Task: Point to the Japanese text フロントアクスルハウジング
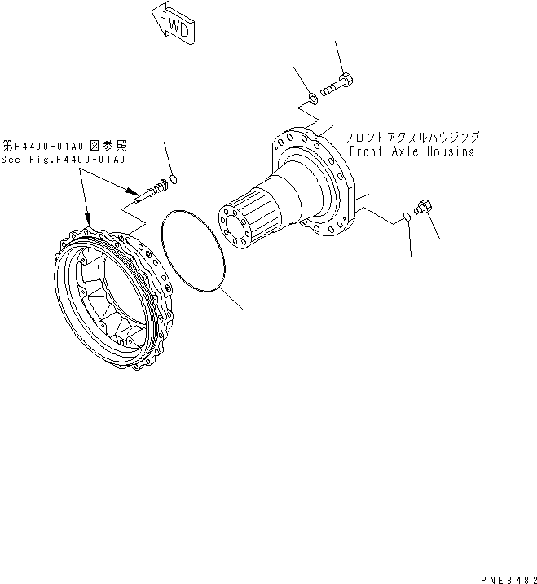click(x=412, y=138)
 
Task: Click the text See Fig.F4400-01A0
click(x=64, y=159)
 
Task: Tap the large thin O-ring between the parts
click(x=193, y=251)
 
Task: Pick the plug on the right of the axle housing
click(x=424, y=207)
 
